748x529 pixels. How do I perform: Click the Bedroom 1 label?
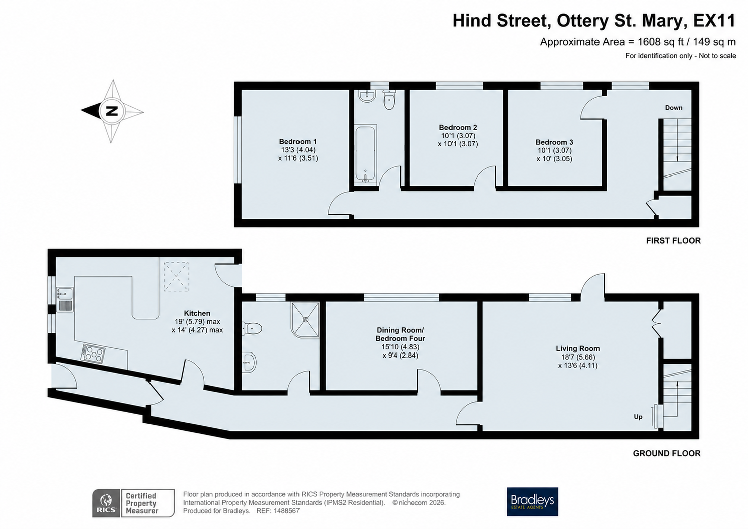298,141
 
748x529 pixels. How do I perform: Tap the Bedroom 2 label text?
458,127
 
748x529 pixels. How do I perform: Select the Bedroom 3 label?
554,142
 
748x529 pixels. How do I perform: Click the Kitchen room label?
197,313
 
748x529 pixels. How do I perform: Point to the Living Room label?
578,348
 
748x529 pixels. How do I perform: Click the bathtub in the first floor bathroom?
366,153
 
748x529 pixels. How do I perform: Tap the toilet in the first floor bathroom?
389,99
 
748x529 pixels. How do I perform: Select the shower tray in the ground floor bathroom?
305,320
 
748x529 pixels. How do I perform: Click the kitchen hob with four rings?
93,353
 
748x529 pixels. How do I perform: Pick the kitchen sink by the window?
65,300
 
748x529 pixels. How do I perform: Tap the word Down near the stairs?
674,108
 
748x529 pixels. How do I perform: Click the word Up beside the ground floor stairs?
638,417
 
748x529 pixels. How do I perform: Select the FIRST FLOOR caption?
673,240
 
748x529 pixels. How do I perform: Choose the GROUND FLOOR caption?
667,453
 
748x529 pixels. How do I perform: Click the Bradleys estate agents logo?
532,502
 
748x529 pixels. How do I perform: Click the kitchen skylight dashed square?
176,277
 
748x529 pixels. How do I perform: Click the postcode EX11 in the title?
714,21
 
